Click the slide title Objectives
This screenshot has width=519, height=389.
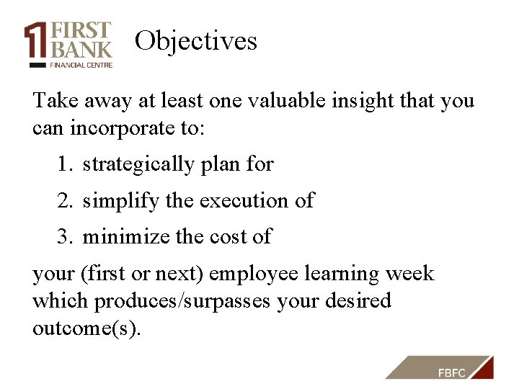tap(195, 41)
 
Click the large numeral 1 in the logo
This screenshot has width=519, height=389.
tap(35, 41)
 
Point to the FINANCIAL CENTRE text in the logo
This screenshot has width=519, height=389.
tap(81, 64)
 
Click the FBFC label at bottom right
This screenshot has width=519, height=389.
tap(452, 372)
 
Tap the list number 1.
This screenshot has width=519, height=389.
tap(65, 165)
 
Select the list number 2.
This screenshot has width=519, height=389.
tap(65, 201)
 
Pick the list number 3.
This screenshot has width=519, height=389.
tap(65, 237)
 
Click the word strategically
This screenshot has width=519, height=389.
tap(138, 165)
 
